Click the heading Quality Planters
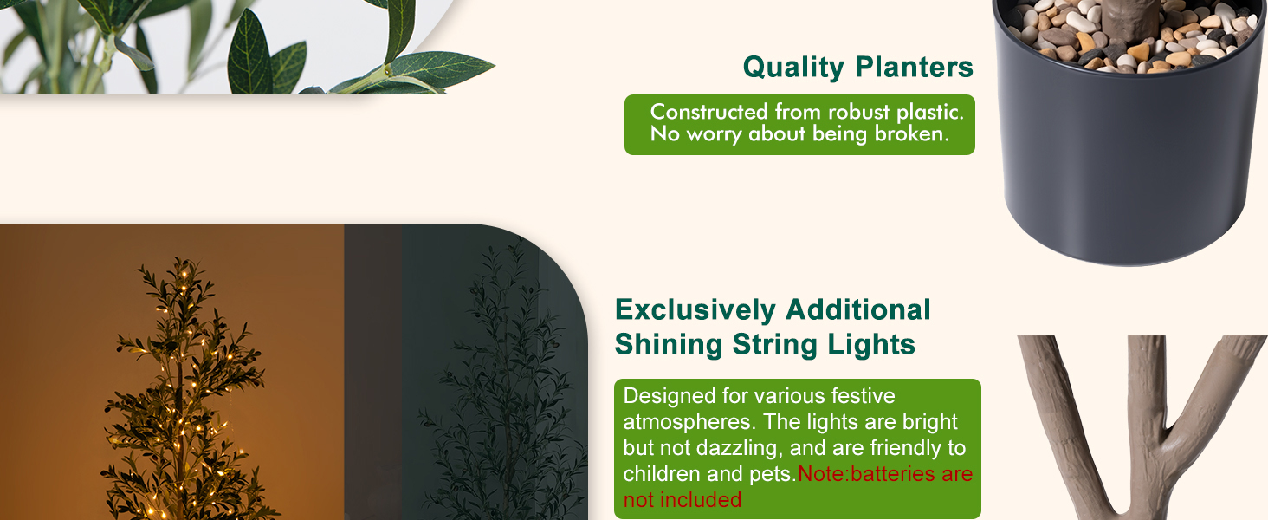(x=857, y=67)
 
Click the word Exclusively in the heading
(x=695, y=309)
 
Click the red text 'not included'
(x=683, y=500)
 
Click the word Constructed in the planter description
(x=709, y=112)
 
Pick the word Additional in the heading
(x=858, y=309)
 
